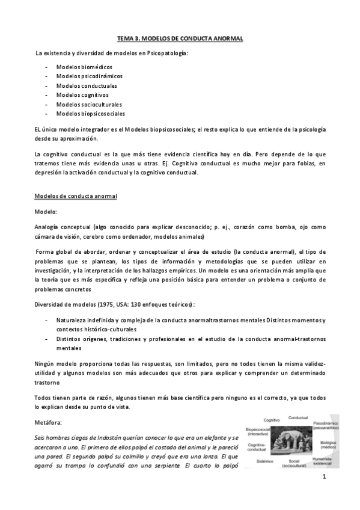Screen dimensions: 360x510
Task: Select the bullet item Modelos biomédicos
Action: coord(84,67)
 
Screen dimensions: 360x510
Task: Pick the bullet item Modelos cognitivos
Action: coord(82,95)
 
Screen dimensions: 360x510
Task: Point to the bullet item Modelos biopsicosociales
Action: coord(90,114)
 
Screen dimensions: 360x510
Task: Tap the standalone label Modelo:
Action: coord(47,212)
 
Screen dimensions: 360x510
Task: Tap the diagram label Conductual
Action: coord(298,417)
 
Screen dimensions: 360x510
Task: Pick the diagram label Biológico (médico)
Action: coord(328,445)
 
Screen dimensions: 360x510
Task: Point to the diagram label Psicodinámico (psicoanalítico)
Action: coord(326,427)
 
